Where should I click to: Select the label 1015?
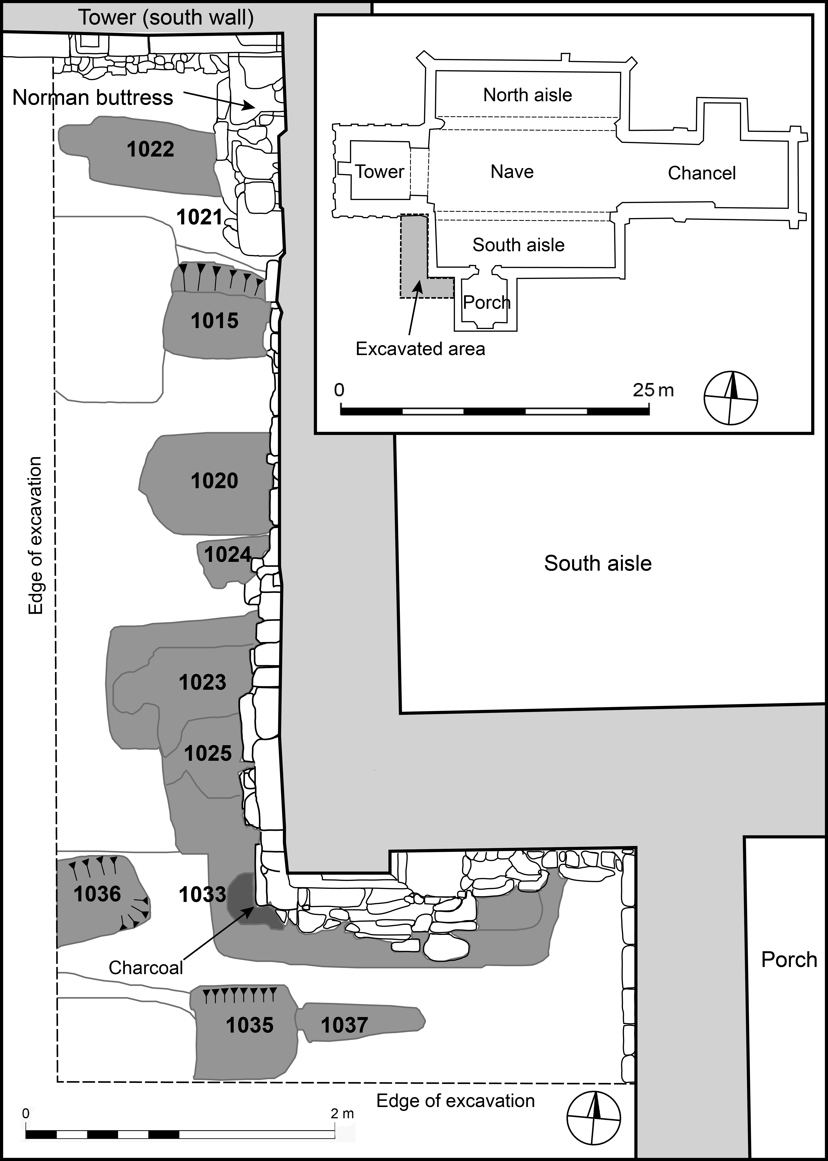pos(215,321)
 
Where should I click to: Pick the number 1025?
pos(207,753)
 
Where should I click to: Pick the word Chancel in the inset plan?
pos(702,173)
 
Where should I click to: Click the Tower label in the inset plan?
pos(379,172)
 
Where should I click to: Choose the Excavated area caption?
pos(420,349)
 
